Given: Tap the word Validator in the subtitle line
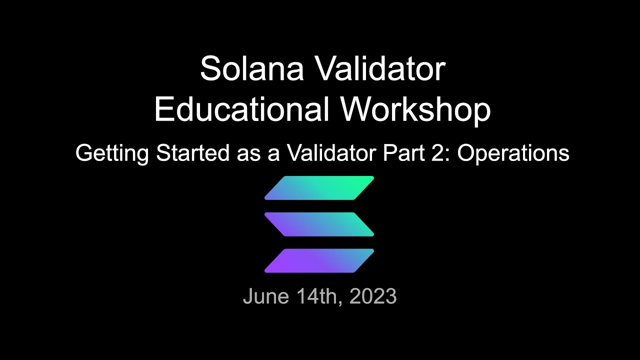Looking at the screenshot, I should click(x=331, y=153).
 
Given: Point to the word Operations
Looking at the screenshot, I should click(x=513, y=153).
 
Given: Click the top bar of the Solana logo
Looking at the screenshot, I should click(x=319, y=188).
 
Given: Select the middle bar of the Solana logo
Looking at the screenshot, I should click(x=319, y=224).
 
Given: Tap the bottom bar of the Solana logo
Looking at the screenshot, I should click(x=319, y=260).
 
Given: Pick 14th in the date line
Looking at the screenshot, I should click(x=319, y=296).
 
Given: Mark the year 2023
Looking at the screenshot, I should click(x=373, y=296).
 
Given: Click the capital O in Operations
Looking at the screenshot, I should click(x=466, y=153).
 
